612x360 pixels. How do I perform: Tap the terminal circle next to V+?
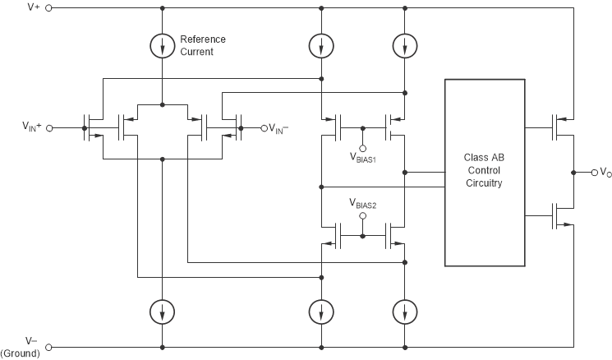(x=48, y=8)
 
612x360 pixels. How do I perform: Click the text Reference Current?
(x=203, y=46)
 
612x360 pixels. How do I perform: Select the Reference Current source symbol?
(x=163, y=45)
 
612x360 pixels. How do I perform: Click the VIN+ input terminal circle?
(x=48, y=128)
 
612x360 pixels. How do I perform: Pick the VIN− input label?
(x=284, y=128)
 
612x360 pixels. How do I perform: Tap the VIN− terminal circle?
(x=265, y=128)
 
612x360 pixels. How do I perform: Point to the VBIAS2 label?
(x=361, y=202)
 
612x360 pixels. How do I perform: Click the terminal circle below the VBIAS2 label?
(x=361, y=217)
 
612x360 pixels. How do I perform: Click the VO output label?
(x=605, y=173)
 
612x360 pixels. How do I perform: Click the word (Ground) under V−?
(x=23, y=353)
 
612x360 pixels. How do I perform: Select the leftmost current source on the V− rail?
(x=163, y=311)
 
